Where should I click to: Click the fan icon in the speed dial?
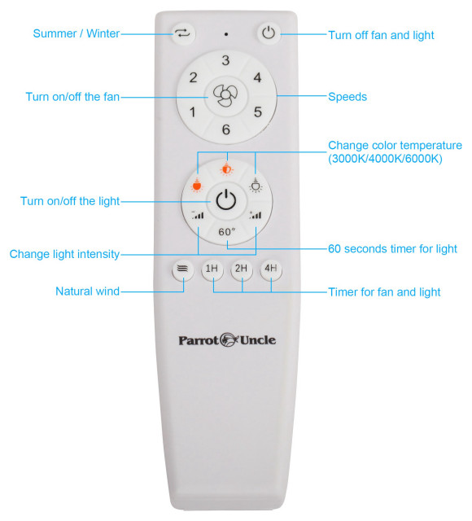[225, 95]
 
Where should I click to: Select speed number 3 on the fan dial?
[225, 60]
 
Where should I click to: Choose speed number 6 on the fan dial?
[225, 129]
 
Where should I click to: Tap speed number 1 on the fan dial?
[193, 112]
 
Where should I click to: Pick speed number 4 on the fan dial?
[257, 78]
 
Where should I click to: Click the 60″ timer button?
[226, 231]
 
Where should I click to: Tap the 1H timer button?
[212, 269]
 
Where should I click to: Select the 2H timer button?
[241, 269]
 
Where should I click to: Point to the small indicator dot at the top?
[225, 35]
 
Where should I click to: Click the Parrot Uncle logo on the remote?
[227, 339]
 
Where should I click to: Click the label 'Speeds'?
[347, 97]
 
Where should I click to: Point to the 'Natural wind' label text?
[87, 291]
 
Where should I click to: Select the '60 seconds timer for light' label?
[391, 249]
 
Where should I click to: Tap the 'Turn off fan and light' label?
[381, 35]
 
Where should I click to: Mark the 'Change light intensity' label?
[64, 254]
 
